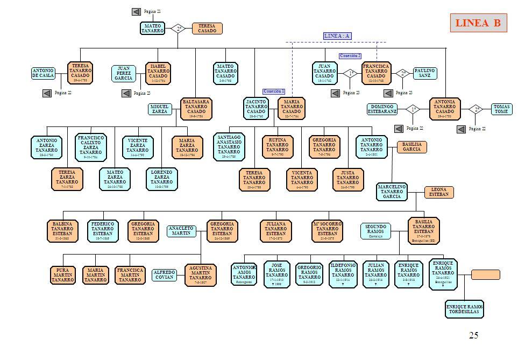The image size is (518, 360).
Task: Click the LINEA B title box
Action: [478, 23]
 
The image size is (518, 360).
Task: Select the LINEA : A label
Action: [337, 36]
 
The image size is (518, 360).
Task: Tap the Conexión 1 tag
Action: [274, 91]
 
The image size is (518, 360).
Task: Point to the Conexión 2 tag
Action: [350, 55]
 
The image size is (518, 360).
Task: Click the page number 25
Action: [473, 336]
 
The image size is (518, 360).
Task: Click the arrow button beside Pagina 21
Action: [136, 12]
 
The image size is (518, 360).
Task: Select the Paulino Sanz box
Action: [424, 74]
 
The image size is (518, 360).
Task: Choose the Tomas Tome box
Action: [501, 109]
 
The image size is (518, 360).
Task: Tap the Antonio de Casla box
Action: [43, 74]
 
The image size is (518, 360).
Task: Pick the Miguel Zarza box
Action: [160, 109]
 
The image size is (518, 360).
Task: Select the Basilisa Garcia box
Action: [411, 147]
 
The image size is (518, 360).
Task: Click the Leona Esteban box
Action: [438, 192]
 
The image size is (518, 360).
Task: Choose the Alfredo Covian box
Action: [165, 274]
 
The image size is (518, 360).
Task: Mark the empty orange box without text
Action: [485, 275]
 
